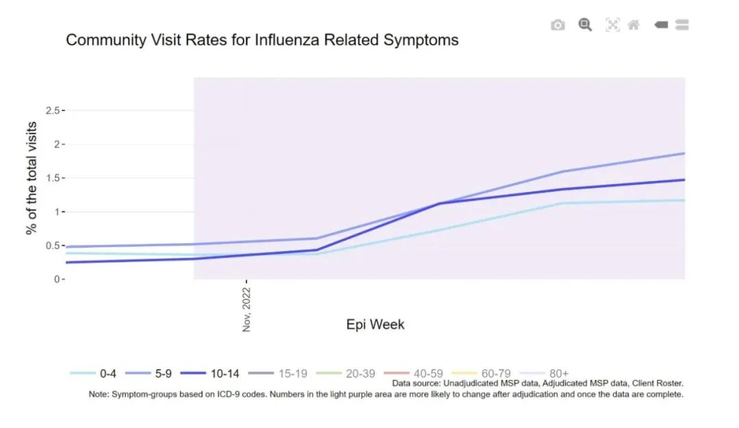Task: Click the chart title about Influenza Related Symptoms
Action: coord(262,40)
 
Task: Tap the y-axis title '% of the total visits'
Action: coord(31,178)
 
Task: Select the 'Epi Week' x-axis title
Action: coord(375,325)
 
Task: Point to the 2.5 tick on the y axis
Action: coord(53,110)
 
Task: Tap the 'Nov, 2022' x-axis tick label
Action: coord(246,310)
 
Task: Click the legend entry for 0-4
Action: coord(93,374)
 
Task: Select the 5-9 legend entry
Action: coord(148,374)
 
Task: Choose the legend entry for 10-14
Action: coord(210,374)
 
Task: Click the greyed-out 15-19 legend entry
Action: coord(278,374)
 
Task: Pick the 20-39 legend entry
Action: coord(346,374)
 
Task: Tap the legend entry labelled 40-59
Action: coord(413,374)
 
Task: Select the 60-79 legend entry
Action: coord(481,374)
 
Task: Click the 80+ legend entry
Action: coord(544,374)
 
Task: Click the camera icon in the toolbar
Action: coord(558,25)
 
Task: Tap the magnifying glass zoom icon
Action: coord(585,25)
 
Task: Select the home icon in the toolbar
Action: coord(634,25)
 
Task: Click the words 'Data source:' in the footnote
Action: coord(416,383)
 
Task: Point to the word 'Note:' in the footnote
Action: coord(99,394)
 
